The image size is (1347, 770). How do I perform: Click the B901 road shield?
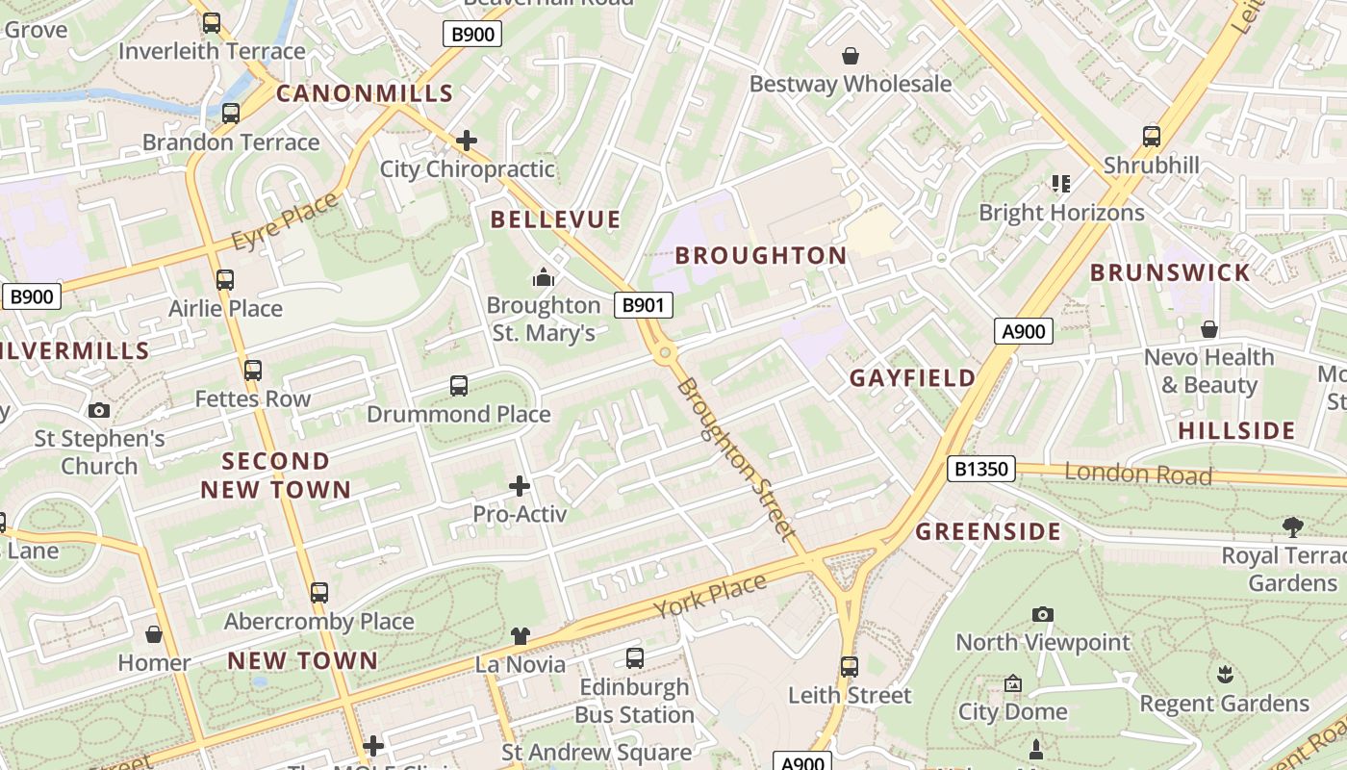(644, 305)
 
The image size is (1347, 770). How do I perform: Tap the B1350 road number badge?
(981, 469)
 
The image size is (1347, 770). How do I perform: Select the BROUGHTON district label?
(760, 255)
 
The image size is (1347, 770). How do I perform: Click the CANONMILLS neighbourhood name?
(365, 93)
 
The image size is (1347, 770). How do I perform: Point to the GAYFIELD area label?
(912, 378)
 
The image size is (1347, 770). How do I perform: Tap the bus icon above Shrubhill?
(1152, 137)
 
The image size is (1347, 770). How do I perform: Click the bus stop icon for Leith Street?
(849, 667)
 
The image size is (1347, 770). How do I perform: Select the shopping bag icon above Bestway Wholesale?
(850, 56)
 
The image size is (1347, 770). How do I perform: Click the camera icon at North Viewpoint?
(1042, 614)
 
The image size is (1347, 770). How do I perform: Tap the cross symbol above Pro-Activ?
(520, 486)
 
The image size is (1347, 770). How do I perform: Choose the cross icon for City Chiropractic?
(467, 141)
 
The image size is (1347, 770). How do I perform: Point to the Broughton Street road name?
(736, 458)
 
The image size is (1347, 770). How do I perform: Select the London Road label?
(1138, 473)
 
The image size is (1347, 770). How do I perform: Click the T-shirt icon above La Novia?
(520, 635)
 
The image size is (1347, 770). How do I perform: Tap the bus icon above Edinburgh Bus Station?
(635, 658)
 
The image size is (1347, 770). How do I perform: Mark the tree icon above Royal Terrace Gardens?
(1293, 526)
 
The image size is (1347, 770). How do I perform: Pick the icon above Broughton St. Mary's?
(544, 278)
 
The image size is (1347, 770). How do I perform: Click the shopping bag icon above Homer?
(154, 634)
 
